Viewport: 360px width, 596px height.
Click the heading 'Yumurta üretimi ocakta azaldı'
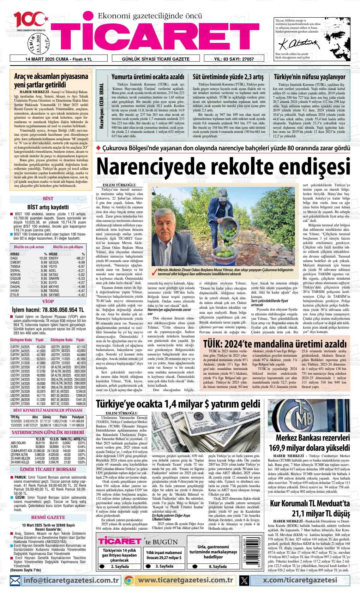point(147,77)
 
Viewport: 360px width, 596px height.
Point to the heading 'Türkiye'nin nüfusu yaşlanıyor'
point(309,77)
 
